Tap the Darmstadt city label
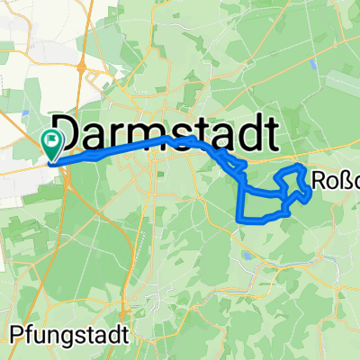162,132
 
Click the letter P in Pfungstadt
20,334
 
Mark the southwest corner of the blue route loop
238,218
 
